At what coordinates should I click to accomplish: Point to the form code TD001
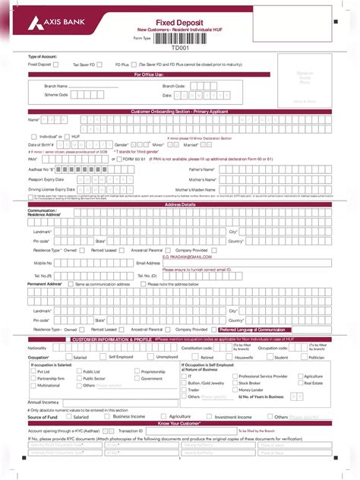tap(179, 47)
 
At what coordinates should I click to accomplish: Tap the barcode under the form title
tap(180, 37)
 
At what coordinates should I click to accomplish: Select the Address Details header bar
tap(180, 204)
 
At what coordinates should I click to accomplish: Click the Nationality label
tap(38, 348)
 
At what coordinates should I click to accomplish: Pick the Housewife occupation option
tap(244, 357)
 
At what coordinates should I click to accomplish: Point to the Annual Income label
tap(43, 402)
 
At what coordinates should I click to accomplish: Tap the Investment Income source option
tap(233, 416)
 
